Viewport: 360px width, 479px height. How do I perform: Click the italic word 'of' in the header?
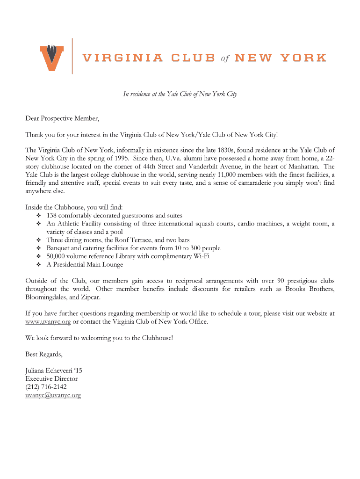pos(224,58)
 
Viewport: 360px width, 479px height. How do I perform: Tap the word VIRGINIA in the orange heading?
pos(123,58)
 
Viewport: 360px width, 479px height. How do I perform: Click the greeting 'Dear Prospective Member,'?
pos(63,118)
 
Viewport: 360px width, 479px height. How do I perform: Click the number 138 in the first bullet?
pos(52,216)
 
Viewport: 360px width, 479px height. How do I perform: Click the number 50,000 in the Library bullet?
pos(57,256)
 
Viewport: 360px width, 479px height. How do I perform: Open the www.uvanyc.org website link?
pos(48,322)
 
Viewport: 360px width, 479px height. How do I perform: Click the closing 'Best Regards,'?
pos(44,354)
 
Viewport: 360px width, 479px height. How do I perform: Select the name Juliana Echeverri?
pos(49,370)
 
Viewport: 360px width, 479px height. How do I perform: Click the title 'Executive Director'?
pos(51,379)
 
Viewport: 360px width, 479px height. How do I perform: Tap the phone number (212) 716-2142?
pos(46,387)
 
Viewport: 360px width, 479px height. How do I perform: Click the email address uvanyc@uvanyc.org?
pos(53,395)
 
